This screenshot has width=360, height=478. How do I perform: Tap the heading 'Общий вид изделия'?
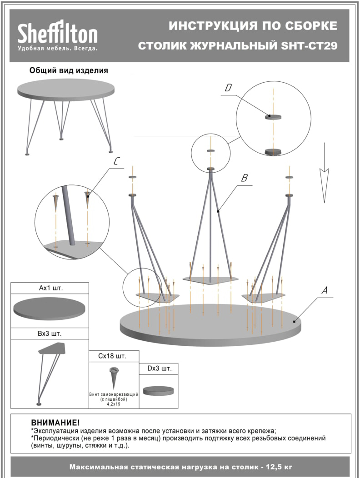[69, 71]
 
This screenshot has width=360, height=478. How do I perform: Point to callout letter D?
[228, 88]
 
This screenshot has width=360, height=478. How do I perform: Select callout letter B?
[244, 178]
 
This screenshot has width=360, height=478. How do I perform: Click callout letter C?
[116, 161]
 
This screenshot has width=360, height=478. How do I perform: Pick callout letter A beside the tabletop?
[325, 290]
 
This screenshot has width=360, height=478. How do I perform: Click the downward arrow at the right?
[324, 173]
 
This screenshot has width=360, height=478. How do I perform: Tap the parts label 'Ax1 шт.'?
[50, 288]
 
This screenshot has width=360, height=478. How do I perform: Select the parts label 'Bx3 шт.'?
[50, 334]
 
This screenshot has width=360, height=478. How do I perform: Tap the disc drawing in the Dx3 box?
[158, 390]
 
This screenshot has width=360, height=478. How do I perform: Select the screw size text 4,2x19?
[114, 404]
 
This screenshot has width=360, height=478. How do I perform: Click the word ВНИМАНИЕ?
[55, 423]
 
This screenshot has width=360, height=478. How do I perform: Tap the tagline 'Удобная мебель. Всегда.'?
[58, 49]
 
